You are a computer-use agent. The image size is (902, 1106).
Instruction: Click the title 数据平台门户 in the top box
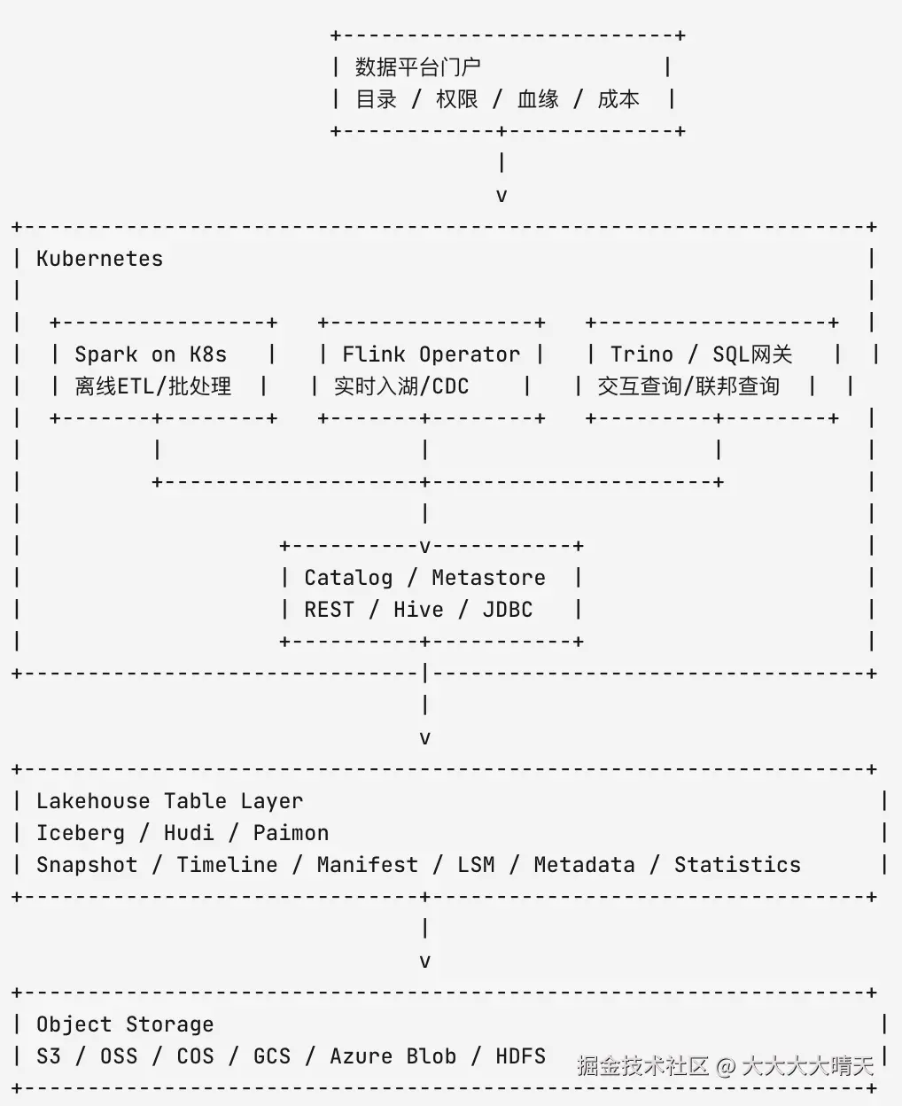point(418,67)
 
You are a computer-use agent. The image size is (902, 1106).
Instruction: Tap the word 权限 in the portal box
point(457,99)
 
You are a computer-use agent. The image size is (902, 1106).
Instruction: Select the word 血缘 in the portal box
point(538,99)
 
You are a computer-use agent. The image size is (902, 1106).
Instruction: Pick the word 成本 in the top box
point(618,99)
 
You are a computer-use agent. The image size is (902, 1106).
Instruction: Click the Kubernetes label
point(99,259)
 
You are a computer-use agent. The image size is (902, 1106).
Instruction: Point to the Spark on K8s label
point(151,355)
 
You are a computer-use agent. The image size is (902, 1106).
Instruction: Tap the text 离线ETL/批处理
point(153,386)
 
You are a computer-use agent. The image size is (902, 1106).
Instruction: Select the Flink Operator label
point(432,355)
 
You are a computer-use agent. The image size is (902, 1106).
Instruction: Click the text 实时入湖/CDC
point(401,386)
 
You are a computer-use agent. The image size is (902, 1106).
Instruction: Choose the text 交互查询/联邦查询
point(688,386)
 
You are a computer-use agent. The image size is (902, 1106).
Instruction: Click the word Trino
point(642,355)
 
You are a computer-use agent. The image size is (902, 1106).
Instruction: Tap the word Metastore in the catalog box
point(489,578)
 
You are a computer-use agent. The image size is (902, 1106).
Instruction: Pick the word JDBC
point(508,610)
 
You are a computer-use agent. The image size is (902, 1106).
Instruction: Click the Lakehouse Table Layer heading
point(170,801)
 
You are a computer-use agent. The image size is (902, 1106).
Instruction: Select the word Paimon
point(291,833)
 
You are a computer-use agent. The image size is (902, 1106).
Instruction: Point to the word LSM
point(476,865)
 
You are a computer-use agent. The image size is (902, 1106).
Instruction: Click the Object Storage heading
point(125,1024)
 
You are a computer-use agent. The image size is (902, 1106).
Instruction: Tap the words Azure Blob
point(393,1056)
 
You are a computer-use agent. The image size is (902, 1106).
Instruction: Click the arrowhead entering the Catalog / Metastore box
point(425,548)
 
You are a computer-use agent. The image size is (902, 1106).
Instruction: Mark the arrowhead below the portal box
point(502,196)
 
